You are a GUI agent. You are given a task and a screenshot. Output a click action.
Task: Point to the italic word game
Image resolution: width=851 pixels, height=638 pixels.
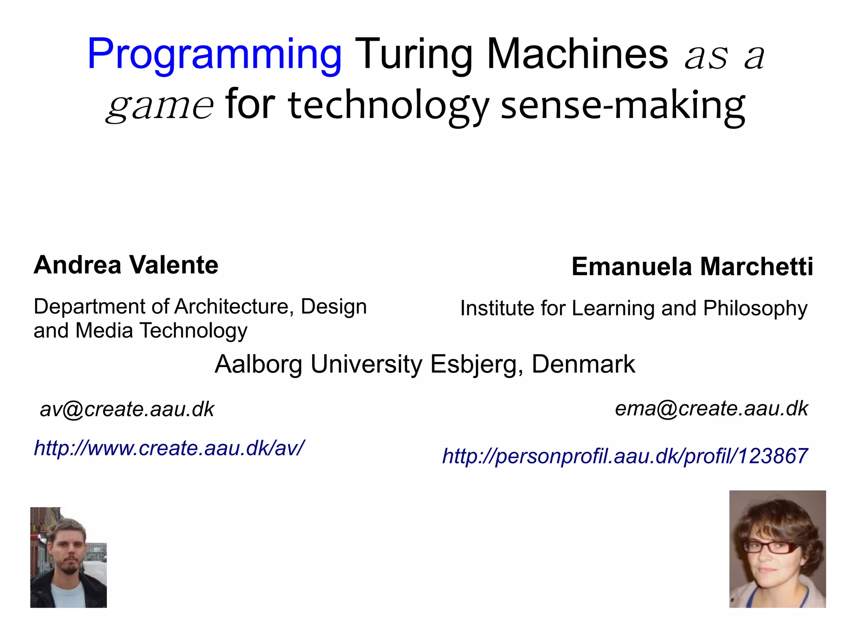pos(160,106)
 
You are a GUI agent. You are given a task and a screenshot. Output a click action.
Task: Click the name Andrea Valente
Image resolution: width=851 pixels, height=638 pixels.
pos(126,265)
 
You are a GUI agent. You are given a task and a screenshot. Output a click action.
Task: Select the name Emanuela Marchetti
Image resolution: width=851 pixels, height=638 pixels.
pos(692,266)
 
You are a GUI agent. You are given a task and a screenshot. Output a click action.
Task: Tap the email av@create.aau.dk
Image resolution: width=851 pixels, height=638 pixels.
pos(127,409)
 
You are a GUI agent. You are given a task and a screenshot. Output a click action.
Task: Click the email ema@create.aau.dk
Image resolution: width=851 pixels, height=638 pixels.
pos(711,408)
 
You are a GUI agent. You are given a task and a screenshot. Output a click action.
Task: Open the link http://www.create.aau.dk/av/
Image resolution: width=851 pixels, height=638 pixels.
pos(170,448)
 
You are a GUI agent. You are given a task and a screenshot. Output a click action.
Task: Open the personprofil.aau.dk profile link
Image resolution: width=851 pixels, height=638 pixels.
pos(625,456)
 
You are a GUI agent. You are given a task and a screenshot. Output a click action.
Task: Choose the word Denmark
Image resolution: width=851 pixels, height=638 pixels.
pos(583,364)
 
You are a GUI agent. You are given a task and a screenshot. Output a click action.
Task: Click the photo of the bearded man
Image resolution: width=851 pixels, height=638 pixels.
pos(69,557)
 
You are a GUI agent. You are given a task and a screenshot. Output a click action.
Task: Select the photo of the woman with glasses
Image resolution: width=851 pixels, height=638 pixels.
pos(777,549)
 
